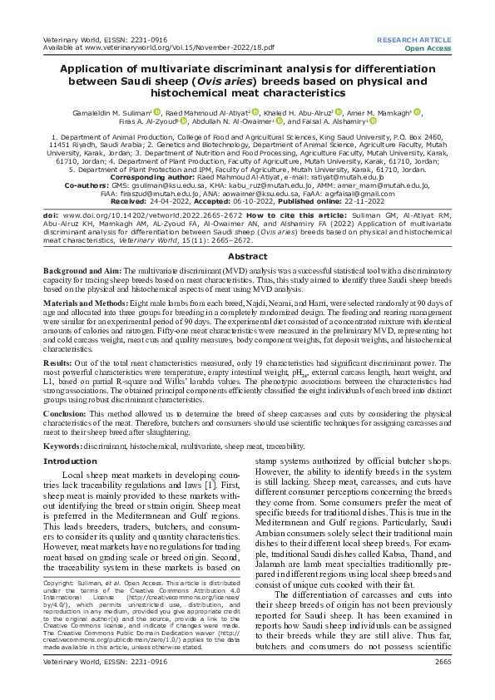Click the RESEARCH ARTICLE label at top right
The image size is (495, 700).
[x=414, y=39]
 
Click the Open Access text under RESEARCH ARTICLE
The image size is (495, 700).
[x=428, y=48]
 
